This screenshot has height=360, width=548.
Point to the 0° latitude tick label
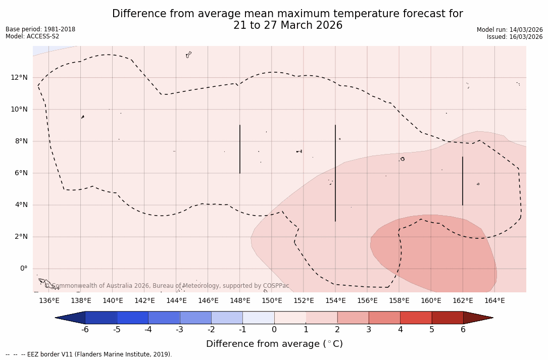point(23,269)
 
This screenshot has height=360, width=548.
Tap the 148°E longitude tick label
point(240,301)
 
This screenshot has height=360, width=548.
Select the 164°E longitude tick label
point(494,301)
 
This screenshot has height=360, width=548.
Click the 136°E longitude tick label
point(49,301)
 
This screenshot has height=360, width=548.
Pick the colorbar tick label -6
point(85,330)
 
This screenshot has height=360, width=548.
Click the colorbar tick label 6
point(463,330)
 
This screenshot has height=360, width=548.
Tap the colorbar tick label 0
point(274,330)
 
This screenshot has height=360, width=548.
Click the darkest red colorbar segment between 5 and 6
point(447,318)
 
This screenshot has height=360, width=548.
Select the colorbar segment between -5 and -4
point(132,318)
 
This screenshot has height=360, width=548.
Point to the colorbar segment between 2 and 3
point(353,318)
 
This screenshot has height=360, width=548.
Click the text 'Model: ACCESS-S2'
point(32,36)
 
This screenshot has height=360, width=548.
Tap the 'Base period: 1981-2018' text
point(40,29)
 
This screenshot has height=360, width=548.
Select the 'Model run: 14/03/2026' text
point(510,30)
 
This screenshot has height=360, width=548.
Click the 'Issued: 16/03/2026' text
point(515,37)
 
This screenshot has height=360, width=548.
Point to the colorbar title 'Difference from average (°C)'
point(274,344)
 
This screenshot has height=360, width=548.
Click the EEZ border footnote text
point(89,354)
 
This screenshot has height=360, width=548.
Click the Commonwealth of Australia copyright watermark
point(167,286)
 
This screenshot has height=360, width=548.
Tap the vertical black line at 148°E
point(240,149)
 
